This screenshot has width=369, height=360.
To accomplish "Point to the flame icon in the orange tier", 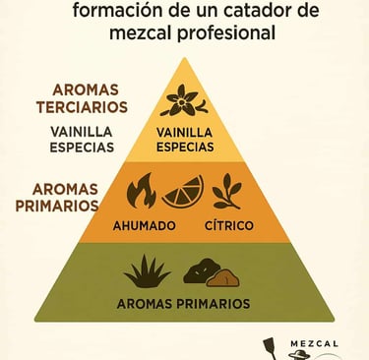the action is tap(142, 191).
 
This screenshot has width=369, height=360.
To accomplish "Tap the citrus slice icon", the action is tap(182, 191).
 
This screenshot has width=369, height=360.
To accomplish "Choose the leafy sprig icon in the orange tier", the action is tap(228, 189).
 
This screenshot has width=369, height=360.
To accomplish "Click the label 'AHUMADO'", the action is tap(144, 225).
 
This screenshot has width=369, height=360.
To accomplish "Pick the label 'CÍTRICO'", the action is tap(228, 225).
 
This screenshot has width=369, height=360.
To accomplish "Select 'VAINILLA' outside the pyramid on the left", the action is tap(82, 131).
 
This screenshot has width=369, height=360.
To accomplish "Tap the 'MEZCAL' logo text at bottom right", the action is tap(315, 343).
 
